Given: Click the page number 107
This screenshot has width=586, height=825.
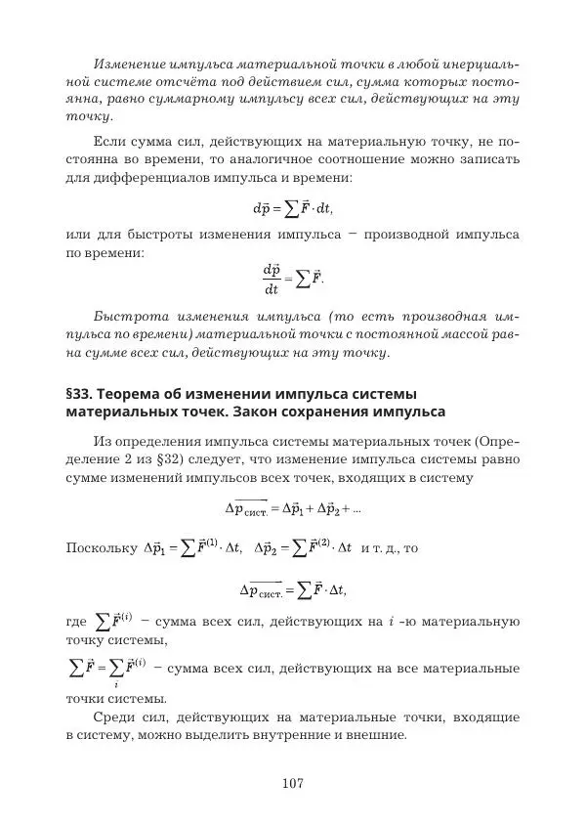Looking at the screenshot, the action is (293, 783).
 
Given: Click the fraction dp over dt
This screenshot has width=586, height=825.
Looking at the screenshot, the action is (272, 279).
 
